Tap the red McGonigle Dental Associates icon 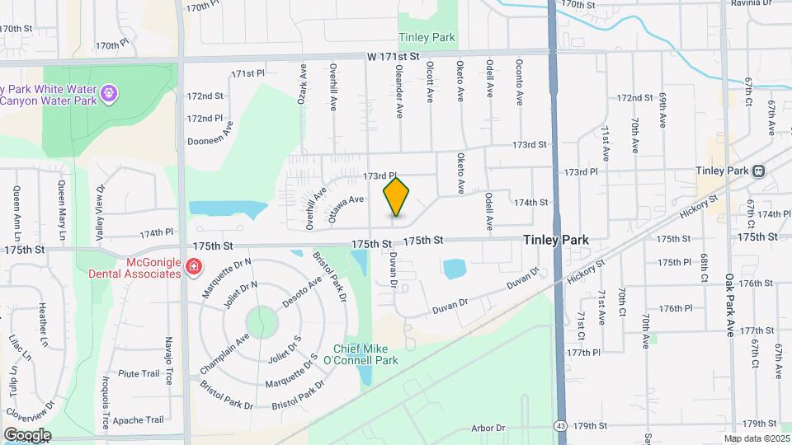tap(193, 266)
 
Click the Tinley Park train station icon tap(757, 171)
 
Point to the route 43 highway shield tap(560, 426)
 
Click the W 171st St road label tap(394, 57)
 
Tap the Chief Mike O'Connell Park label tap(365, 354)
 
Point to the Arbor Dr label tap(488, 428)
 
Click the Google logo tap(27, 434)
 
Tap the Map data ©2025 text tap(756, 438)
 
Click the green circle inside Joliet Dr tap(261, 321)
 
